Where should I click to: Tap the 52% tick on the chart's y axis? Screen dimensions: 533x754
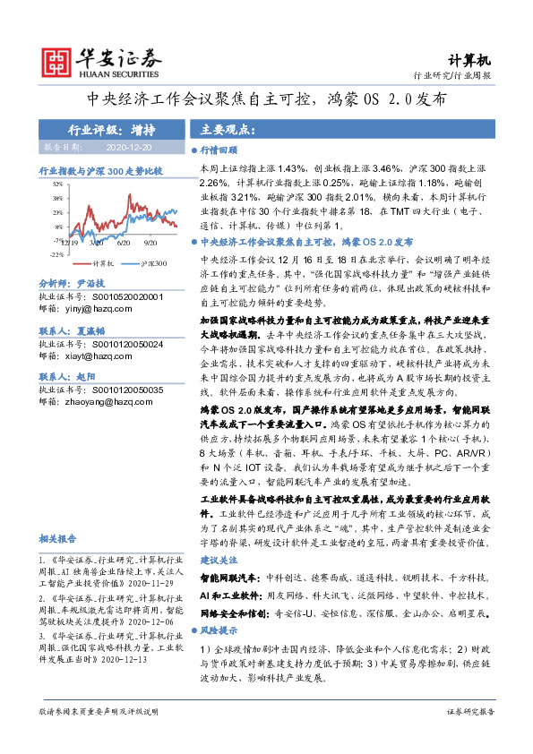click(56, 184)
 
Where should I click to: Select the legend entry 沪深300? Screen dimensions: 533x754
click(154, 263)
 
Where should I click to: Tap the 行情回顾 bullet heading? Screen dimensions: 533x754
click(219, 152)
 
